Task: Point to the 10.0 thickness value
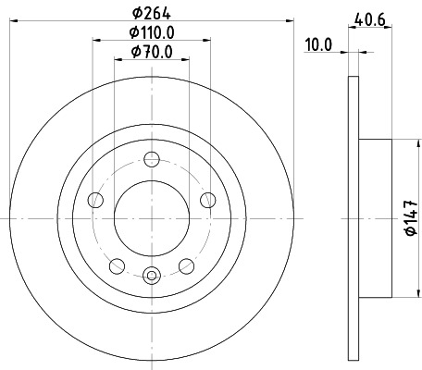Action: coord(320,43)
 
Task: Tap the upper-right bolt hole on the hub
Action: coord(208,200)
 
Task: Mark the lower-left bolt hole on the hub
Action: coord(117,265)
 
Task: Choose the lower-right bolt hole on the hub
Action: coord(187,265)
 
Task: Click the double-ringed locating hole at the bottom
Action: coord(152,273)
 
